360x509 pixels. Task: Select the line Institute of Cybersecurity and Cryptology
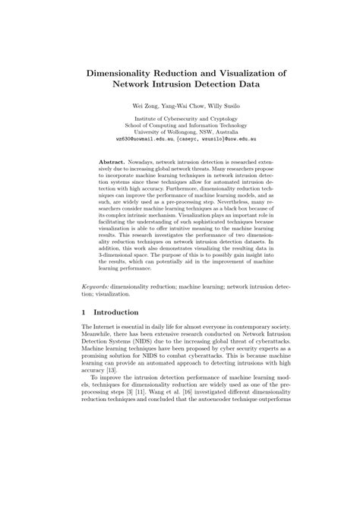click(x=180, y=119)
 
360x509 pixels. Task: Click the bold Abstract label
click(x=114, y=163)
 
